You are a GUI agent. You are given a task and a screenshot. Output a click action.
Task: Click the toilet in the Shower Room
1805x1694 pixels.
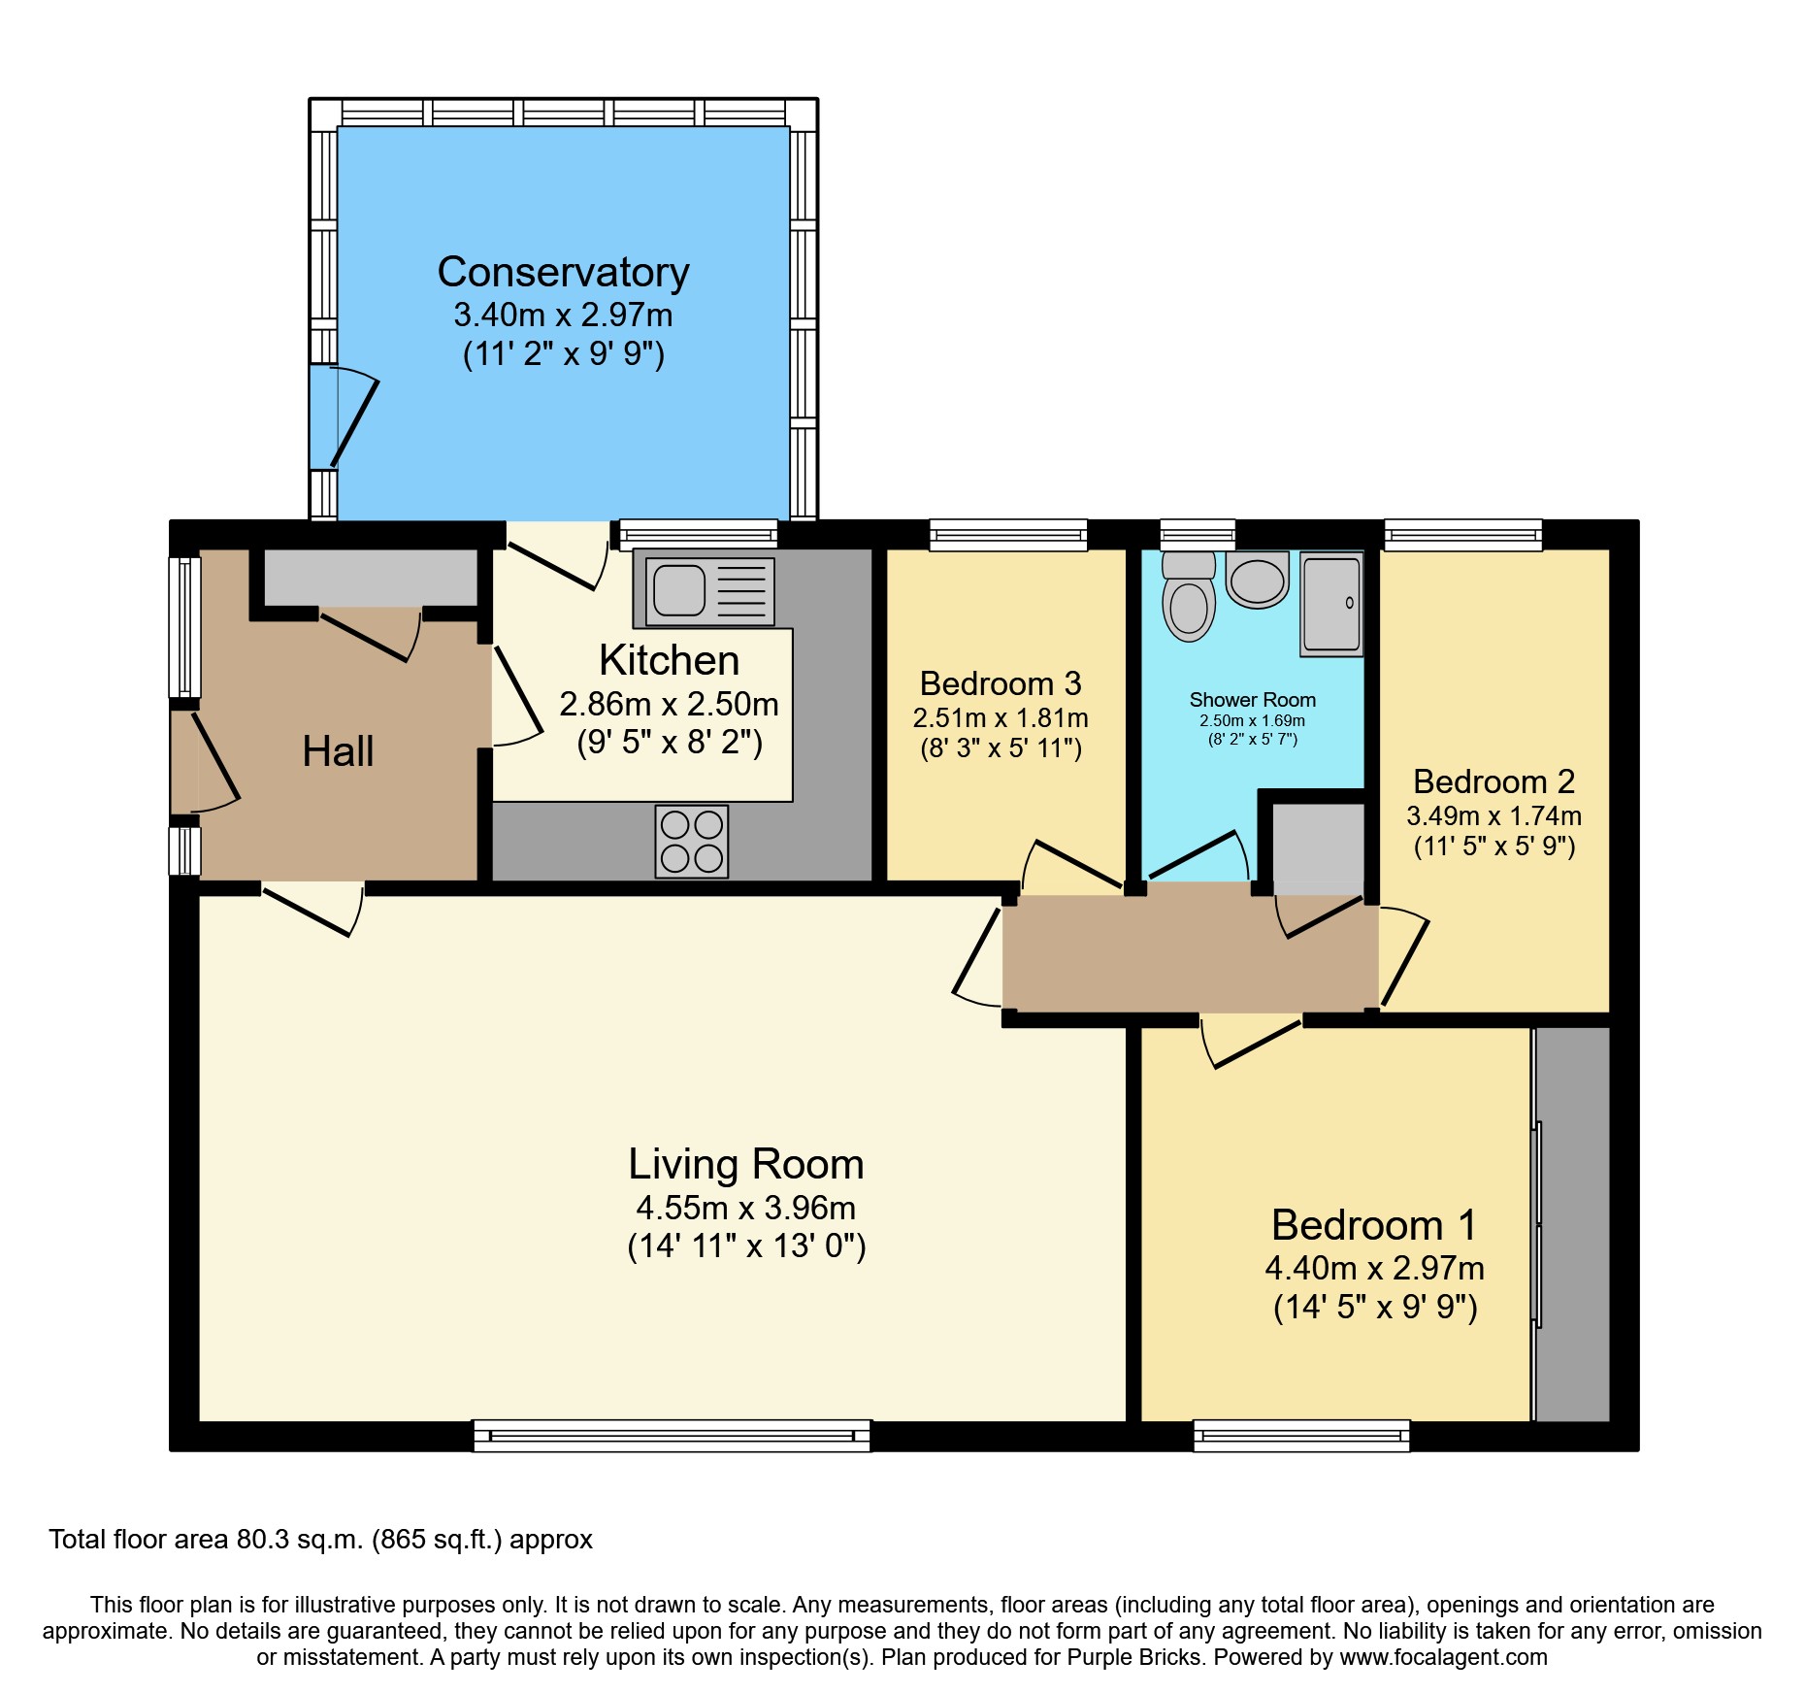pos(1189,599)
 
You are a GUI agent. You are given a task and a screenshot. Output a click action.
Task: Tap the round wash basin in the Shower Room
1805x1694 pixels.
pos(1258,581)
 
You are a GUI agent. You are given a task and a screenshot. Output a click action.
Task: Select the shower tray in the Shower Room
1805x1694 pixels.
pos(1331,603)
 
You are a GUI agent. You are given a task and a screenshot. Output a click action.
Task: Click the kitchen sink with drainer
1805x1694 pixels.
pos(704,590)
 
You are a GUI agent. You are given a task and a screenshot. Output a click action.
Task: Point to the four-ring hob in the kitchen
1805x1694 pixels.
pos(691,841)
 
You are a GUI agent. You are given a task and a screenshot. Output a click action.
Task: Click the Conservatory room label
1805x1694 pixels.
pos(563,272)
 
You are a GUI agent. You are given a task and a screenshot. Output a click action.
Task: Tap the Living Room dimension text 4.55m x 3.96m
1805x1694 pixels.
pos(745,1208)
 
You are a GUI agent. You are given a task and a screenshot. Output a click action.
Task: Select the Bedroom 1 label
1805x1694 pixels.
pos(1374,1225)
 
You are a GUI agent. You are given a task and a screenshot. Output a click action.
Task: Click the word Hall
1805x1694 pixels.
pos(338,751)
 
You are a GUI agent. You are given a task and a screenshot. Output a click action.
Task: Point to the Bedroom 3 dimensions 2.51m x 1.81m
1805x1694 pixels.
pos(1001,718)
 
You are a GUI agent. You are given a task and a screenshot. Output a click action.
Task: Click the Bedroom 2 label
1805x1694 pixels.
pos(1493,781)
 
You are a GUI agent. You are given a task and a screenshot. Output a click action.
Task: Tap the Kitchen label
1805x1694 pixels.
pos(669,661)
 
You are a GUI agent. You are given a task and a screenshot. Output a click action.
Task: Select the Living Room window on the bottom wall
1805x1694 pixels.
pos(672,1435)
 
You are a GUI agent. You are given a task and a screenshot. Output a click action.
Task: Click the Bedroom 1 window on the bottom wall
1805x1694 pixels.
pos(1301,1435)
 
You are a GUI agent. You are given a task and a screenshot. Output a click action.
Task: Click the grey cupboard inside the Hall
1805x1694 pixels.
pos(371,578)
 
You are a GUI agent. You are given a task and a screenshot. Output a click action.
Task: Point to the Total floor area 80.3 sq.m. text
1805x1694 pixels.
pos(320,1540)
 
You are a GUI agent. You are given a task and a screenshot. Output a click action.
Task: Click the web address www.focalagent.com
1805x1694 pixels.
pos(1443,1658)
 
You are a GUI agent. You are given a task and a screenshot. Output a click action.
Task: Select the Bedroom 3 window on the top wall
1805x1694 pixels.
pos(1008,534)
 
